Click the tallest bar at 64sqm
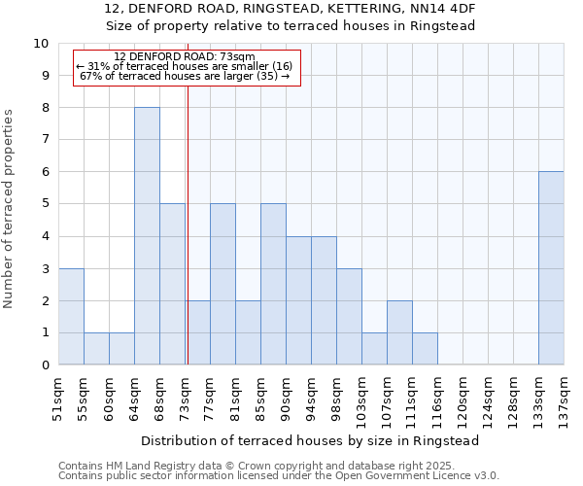(147, 236)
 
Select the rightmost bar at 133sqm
(551, 268)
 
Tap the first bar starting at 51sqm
(71, 317)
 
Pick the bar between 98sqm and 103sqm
(349, 317)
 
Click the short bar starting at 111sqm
(425, 349)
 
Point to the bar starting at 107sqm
(399, 333)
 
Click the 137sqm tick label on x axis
(564, 396)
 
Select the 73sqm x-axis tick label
(185, 396)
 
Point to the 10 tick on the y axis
(41, 44)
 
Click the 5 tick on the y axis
(45, 204)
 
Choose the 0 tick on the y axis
(45, 365)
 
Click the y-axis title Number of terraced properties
(10, 209)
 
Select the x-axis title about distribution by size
(311, 440)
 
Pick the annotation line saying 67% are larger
(184, 76)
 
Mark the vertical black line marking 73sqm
(187, 224)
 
